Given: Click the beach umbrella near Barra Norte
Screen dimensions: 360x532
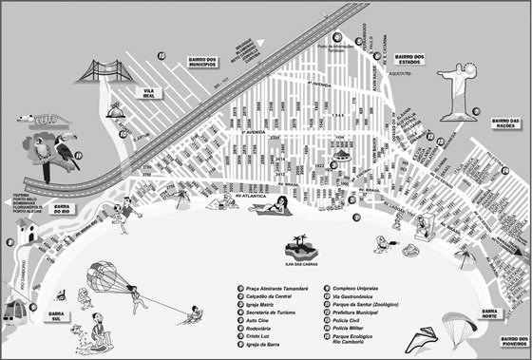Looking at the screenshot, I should tap(465, 256).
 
